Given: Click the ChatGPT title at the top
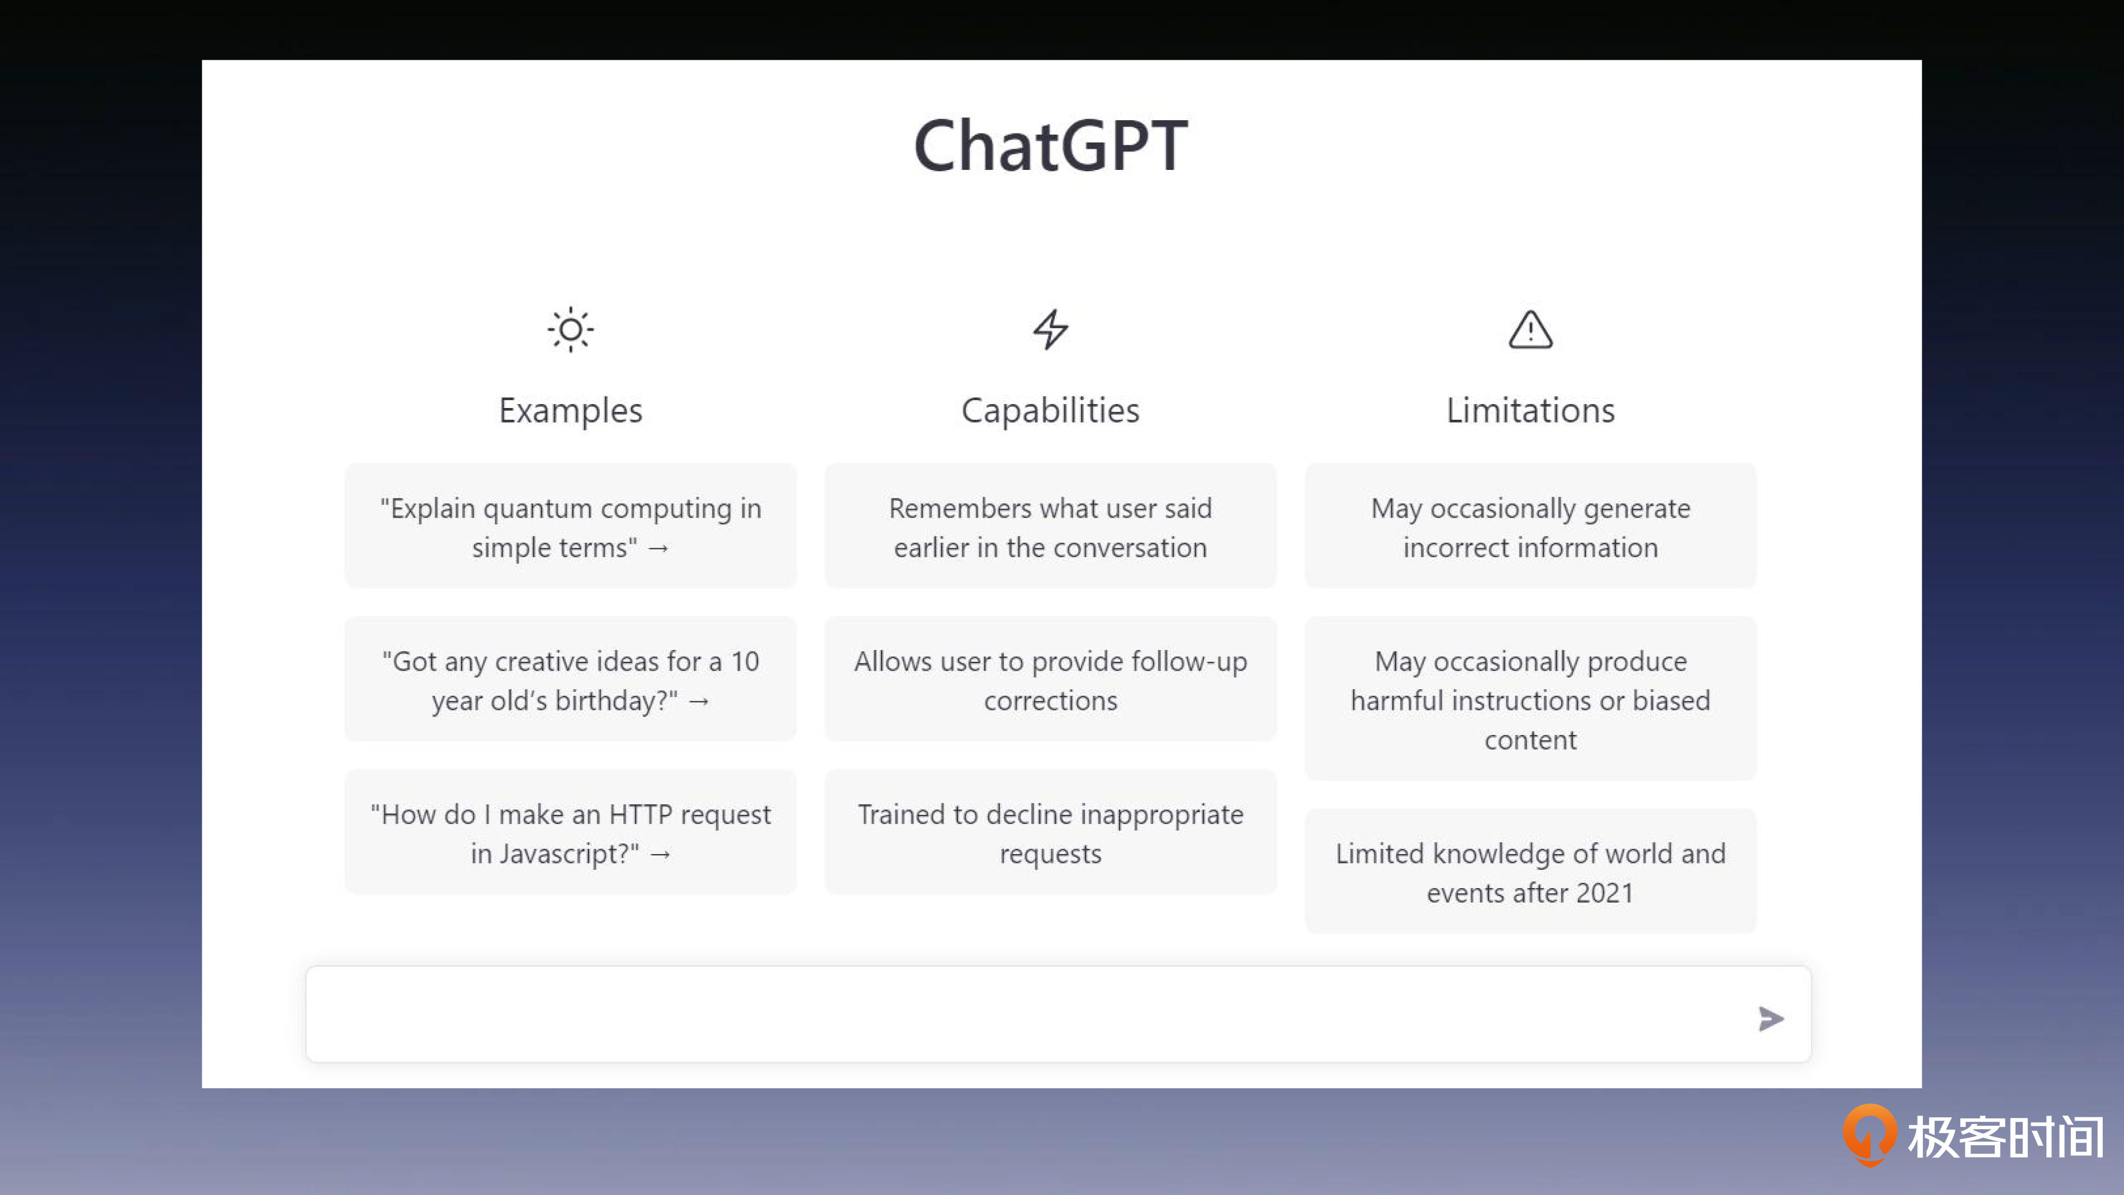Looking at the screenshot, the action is click(1050, 146).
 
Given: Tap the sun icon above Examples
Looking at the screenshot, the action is click(571, 330).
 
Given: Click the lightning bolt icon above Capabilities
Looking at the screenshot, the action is click(1050, 329).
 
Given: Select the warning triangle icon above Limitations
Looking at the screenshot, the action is click(1530, 330).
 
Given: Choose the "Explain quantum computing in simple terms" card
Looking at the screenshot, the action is click(571, 526).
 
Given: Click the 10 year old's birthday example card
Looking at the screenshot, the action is click(571, 680).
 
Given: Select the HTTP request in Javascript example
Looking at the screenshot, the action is click(571, 833).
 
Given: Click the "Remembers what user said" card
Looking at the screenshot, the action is click(1050, 526).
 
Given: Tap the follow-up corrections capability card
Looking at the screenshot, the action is click(1050, 680).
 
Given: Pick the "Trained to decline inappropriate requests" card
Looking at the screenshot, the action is click(1050, 833).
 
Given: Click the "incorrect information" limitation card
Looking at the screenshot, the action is click(1530, 526).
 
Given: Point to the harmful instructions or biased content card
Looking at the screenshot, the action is click(1530, 699).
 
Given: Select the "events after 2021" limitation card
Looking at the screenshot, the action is click(1530, 872).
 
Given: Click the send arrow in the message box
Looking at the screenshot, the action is click(1770, 1018).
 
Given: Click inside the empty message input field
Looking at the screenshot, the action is click(1022, 1014).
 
